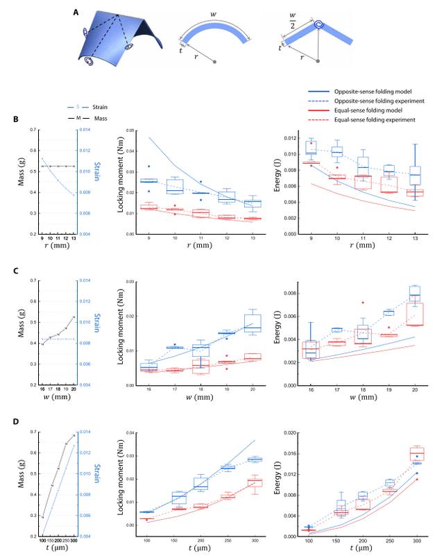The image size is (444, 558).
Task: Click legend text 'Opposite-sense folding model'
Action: (374, 91)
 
